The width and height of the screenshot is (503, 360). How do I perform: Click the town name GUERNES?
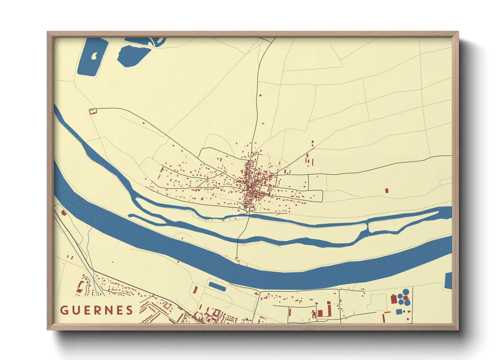point(97,310)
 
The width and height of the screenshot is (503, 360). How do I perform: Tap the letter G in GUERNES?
point(64,310)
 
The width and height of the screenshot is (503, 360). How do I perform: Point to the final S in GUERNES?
point(129,310)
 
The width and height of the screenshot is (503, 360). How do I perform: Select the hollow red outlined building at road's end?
point(93,111)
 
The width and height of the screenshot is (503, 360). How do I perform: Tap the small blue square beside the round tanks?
point(399,312)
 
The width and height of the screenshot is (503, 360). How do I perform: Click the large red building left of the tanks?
point(394,299)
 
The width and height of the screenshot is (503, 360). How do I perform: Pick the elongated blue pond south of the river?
point(217,287)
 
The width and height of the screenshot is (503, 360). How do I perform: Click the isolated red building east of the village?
point(386,191)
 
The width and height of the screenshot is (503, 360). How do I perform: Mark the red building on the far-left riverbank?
point(63,213)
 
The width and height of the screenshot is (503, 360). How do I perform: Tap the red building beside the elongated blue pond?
point(195,290)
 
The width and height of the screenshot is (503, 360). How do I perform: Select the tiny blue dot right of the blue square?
point(404,311)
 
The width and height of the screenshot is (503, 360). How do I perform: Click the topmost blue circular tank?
point(406,292)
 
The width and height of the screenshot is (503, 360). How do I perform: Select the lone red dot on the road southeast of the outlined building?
point(143,123)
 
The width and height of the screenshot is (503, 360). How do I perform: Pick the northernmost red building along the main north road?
point(261,96)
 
